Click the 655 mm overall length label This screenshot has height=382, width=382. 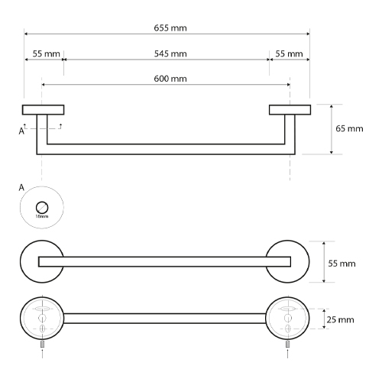tap(170, 28)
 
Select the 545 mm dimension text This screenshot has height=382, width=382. tap(170, 53)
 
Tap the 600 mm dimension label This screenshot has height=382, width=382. tap(170, 79)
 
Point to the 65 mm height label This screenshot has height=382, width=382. tap(349, 128)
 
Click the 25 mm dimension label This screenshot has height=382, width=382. tap(340, 319)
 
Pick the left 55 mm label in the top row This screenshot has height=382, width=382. tap(46, 53)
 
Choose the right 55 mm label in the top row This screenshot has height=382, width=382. tap(289, 53)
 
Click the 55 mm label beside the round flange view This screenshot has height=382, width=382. tap(342, 264)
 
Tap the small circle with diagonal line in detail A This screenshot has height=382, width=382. tap(42, 208)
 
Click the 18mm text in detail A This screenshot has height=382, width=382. tap(42, 216)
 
